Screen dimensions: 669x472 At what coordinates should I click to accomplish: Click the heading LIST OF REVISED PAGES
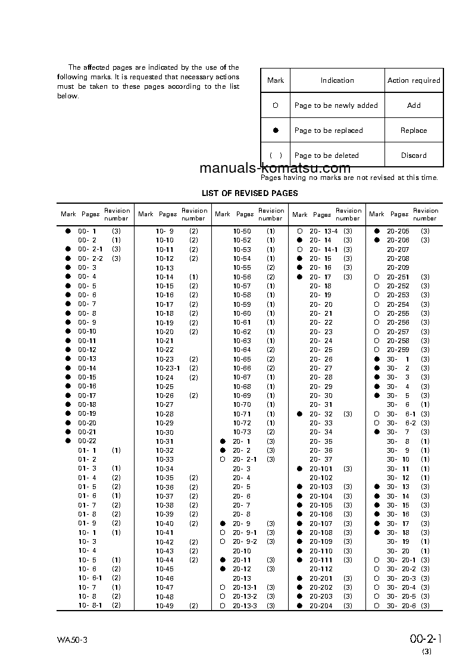click(250, 193)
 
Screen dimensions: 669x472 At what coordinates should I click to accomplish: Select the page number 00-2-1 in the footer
click(426, 639)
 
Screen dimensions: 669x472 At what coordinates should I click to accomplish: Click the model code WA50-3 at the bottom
click(73, 641)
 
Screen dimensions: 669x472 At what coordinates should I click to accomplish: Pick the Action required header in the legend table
click(414, 80)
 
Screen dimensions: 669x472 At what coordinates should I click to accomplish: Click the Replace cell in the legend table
click(414, 130)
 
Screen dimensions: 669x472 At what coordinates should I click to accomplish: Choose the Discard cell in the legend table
click(414, 155)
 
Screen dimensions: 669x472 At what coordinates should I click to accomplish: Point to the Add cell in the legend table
click(414, 105)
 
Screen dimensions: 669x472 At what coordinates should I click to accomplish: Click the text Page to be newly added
click(336, 105)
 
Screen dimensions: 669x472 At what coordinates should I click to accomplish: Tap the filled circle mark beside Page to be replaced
click(276, 130)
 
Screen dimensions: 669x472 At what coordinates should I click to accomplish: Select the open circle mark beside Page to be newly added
click(276, 105)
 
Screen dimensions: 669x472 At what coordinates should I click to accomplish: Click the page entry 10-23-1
click(168, 368)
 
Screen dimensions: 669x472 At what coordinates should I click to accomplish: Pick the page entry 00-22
click(87, 441)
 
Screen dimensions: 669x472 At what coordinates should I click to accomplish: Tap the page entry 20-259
click(398, 350)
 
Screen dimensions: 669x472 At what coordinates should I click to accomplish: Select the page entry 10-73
click(242, 432)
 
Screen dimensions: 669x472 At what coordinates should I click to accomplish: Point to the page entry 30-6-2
click(402, 423)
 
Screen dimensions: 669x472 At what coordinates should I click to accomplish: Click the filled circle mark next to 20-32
click(299, 414)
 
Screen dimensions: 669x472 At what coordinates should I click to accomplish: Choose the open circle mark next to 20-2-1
click(222, 459)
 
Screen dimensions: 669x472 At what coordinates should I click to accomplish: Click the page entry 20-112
click(321, 569)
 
